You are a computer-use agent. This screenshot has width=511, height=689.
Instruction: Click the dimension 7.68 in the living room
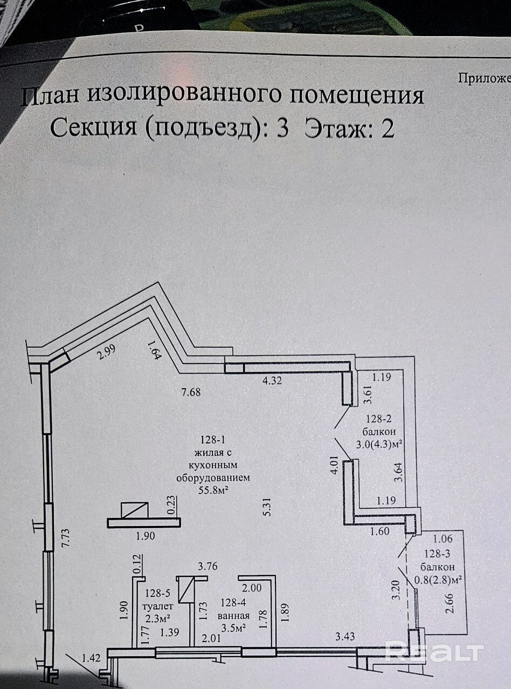tap(191, 392)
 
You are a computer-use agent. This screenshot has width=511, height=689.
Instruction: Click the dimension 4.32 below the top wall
tap(272, 381)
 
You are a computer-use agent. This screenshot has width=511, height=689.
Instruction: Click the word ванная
tap(234, 616)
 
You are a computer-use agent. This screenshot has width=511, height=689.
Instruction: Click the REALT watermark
tap(434, 652)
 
